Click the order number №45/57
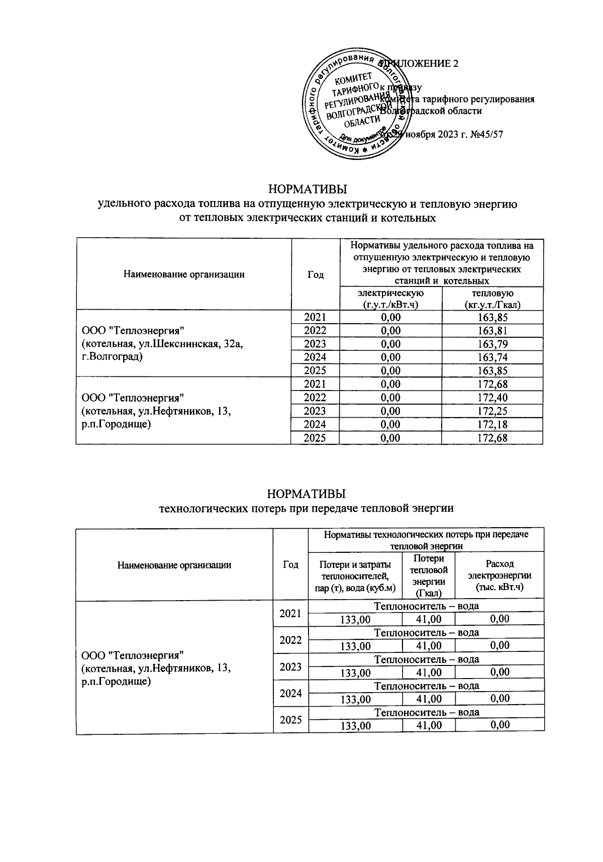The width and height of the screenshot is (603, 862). (x=482, y=134)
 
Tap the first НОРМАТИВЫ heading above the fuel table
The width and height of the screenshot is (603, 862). (x=308, y=189)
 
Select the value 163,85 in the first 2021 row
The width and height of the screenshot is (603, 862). (x=492, y=317)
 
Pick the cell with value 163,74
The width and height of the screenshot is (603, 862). (x=492, y=357)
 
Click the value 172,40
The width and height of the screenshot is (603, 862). (x=492, y=398)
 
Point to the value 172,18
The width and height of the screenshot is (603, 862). (x=492, y=425)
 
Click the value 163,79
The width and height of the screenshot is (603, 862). (x=492, y=344)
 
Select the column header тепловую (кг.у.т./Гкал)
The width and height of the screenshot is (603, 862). (x=492, y=299)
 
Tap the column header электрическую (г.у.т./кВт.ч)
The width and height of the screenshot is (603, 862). (x=390, y=299)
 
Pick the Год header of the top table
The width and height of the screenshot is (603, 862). (x=316, y=274)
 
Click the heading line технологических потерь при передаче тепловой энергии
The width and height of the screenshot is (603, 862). (x=306, y=508)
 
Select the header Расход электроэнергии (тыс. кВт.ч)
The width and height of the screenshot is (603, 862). (x=499, y=576)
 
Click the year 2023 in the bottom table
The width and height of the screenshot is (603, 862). (x=290, y=667)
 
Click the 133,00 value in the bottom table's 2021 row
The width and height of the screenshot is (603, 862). (x=355, y=619)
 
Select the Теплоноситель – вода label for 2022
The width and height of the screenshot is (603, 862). (x=426, y=632)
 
